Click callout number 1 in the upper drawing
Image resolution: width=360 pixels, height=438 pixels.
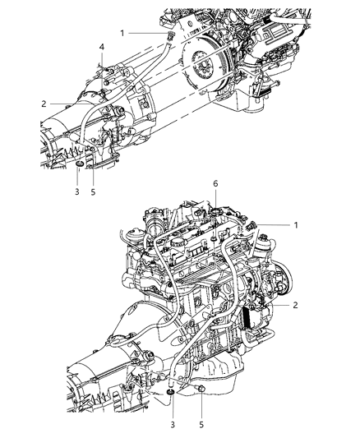122,33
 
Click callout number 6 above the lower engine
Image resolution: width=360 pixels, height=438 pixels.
215,208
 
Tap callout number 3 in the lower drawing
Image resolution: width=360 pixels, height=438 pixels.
171,426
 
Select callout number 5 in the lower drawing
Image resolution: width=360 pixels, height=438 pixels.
202,426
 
